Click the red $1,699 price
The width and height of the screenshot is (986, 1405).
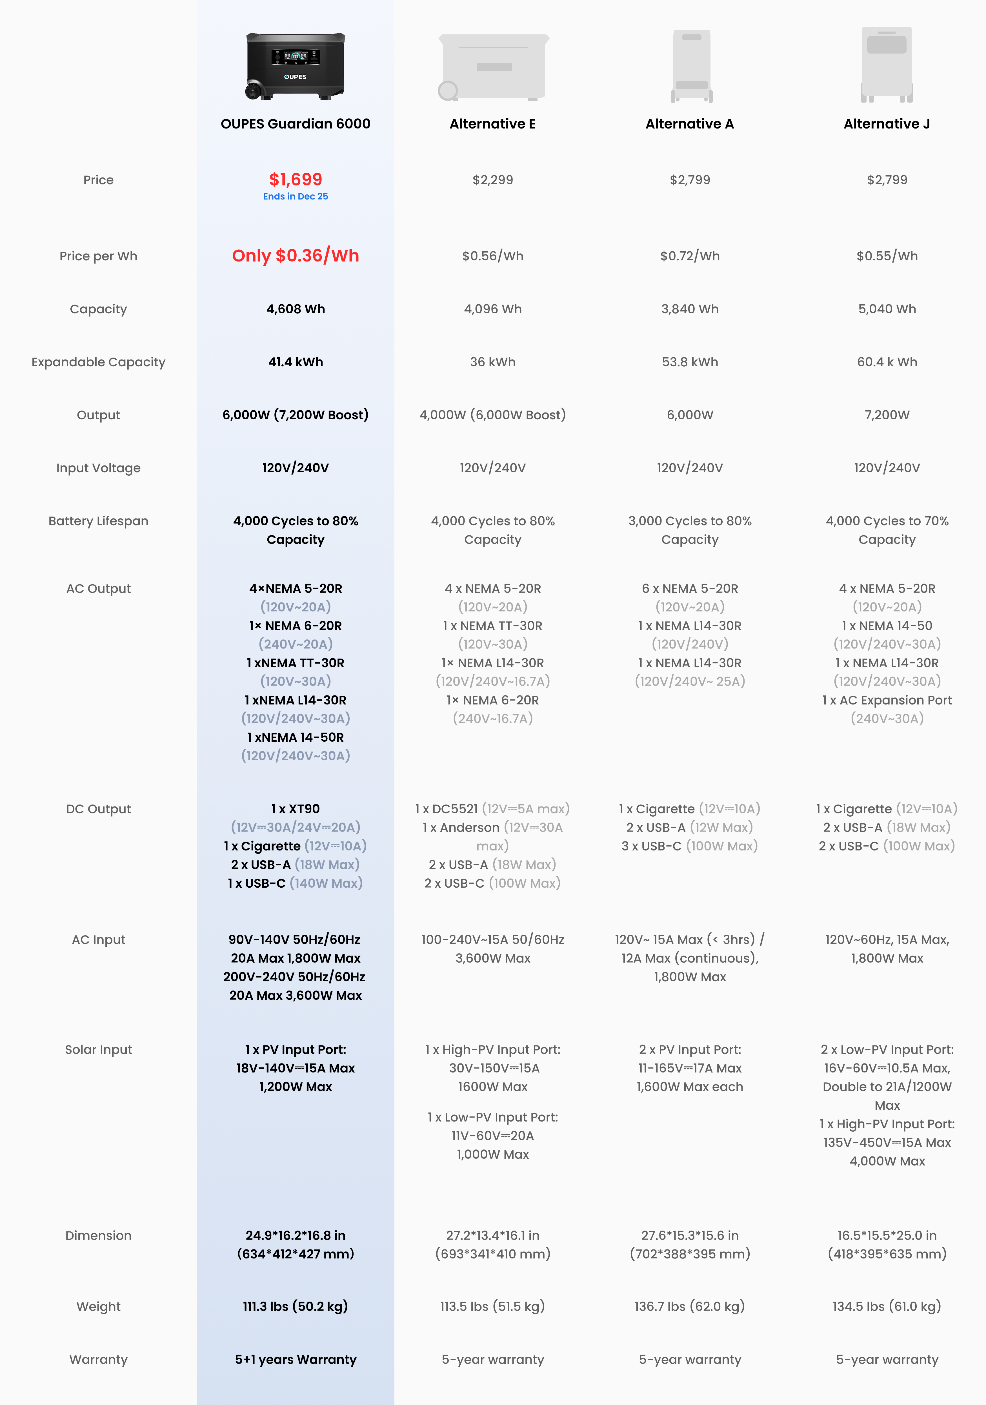296,179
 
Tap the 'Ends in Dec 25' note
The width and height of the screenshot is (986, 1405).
296,196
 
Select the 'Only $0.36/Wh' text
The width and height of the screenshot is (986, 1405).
296,256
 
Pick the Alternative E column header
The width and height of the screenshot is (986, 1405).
492,124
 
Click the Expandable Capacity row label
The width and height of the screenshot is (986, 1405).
99,362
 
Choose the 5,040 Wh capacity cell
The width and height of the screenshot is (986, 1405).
887,309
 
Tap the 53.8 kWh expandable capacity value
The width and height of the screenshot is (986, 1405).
690,362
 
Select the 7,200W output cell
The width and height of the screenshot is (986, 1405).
887,415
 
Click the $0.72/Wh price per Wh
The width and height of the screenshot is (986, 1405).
690,256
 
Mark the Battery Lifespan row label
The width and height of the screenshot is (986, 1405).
99,521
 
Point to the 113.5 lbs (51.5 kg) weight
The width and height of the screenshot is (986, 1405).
492,1306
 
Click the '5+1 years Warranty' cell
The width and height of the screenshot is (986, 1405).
296,1360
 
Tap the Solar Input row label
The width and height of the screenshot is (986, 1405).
99,1049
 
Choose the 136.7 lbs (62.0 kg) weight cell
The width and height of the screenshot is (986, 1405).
690,1306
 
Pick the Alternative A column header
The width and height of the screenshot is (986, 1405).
690,124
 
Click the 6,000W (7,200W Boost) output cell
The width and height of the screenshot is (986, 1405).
296,415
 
